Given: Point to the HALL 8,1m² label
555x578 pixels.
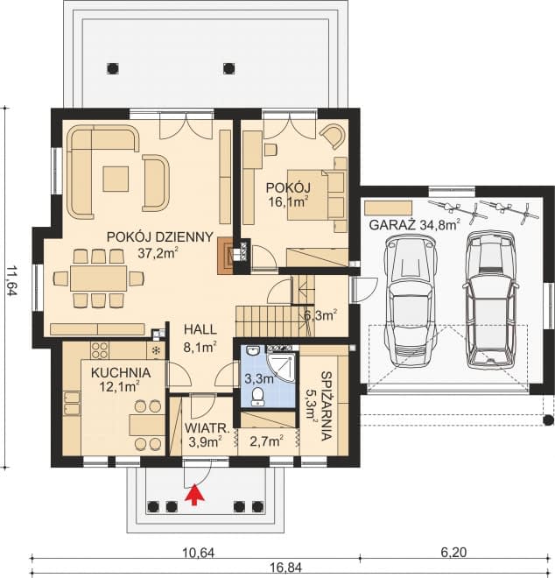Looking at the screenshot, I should point(200,337).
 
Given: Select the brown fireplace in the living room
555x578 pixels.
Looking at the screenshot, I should point(230,256).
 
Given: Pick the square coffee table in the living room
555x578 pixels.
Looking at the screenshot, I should point(115,178).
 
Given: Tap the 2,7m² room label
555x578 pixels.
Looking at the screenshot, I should point(264,441).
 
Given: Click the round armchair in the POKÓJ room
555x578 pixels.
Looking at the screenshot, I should point(333,137).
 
